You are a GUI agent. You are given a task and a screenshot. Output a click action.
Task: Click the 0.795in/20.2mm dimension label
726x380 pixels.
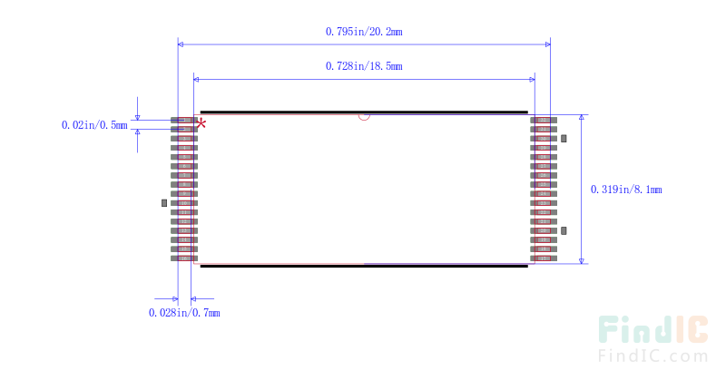point(363,31)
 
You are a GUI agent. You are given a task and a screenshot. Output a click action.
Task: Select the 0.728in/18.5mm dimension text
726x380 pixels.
point(363,66)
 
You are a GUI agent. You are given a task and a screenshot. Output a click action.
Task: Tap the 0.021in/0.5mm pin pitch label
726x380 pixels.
point(94,125)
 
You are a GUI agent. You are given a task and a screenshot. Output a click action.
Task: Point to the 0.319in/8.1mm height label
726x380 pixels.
point(626,190)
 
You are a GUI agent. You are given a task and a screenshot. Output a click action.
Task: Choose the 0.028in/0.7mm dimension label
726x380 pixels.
point(184,313)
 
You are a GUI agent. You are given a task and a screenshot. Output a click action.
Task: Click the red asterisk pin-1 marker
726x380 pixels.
point(201,122)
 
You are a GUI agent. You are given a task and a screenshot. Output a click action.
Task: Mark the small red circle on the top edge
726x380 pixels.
point(364,115)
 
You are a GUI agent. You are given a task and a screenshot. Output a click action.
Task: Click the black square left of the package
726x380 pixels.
point(164,203)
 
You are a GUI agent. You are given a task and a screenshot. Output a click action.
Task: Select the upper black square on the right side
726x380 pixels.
point(564,138)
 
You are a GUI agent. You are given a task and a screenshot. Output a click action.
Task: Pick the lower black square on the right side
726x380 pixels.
point(564,231)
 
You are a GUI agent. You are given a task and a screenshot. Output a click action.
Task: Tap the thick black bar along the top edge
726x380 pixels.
point(363,112)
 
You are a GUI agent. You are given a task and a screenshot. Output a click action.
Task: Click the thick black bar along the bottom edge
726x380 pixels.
point(363,267)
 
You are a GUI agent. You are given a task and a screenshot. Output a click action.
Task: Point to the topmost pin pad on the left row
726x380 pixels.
point(184,120)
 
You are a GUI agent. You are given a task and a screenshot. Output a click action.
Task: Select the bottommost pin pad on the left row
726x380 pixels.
point(184,258)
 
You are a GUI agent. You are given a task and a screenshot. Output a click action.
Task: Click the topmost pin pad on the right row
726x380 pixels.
point(544,120)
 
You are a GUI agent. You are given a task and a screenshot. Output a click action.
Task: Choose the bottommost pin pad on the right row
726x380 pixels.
point(544,258)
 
